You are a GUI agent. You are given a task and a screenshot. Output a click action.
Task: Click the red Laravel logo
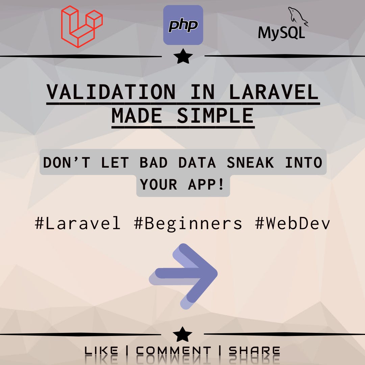click(x=81, y=26)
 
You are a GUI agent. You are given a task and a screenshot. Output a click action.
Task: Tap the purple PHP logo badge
click(x=183, y=25)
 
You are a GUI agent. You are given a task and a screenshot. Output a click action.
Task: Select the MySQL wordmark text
click(x=282, y=33)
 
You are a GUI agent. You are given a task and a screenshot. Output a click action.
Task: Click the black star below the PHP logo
click(x=183, y=57)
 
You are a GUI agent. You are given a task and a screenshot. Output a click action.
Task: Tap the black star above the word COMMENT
click(x=182, y=335)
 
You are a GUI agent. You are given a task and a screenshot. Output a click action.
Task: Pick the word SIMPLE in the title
click(x=215, y=116)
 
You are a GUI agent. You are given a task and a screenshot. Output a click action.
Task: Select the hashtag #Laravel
click(x=78, y=223)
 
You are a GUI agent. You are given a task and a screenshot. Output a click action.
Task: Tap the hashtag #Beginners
click(x=188, y=223)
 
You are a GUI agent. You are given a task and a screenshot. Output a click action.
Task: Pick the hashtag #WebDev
click(x=293, y=223)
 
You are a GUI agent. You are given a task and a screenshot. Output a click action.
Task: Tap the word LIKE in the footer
click(x=101, y=351)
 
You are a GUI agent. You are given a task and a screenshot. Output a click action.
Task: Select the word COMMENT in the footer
click(x=173, y=351)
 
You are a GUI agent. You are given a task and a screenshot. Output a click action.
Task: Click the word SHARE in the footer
click(x=254, y=351)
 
